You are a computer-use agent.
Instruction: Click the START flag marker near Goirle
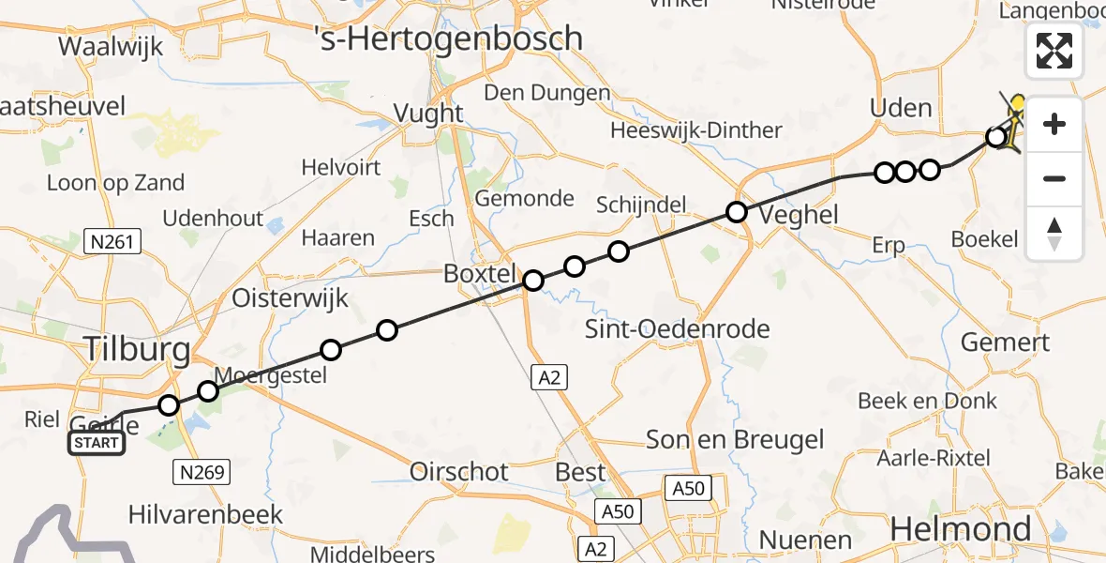coord(97,443)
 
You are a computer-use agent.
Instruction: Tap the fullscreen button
coord(1054,51)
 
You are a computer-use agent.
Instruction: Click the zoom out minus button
coord(1054,178)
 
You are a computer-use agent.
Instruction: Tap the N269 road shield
coord(202,472)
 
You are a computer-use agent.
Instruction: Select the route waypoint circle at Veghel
coord(737,212)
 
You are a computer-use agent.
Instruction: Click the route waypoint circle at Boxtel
coord(533,280)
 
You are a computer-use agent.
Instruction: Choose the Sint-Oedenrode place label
coord(677,328)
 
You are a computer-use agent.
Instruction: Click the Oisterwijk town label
coord(290,299)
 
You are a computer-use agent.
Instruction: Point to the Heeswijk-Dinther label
coord(695,130)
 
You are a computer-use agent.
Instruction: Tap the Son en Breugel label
coord(736,440)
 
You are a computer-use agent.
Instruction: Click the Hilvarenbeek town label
coord(206,514)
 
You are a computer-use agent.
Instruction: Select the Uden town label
coord(901,108)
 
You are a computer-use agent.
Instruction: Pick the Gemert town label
coord(1005,342)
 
